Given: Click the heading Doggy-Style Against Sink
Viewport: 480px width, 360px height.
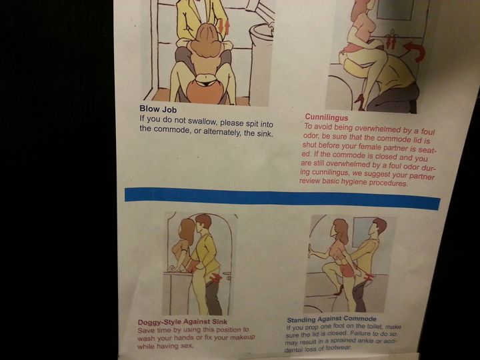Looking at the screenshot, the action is [183, 322].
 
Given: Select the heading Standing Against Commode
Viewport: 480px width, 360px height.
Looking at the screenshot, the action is [331, 319].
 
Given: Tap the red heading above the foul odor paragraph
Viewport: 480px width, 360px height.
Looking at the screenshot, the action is [326, 117].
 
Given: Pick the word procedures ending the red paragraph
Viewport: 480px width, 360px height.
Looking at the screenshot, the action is [389, 183].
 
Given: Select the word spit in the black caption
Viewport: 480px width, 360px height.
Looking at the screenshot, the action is [251, 123].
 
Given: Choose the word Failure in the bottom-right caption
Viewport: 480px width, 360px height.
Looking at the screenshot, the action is [361, 333].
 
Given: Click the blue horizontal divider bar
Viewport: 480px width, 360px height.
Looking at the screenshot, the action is [282, 198].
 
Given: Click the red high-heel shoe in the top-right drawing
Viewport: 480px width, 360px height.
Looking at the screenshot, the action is [359, 102].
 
